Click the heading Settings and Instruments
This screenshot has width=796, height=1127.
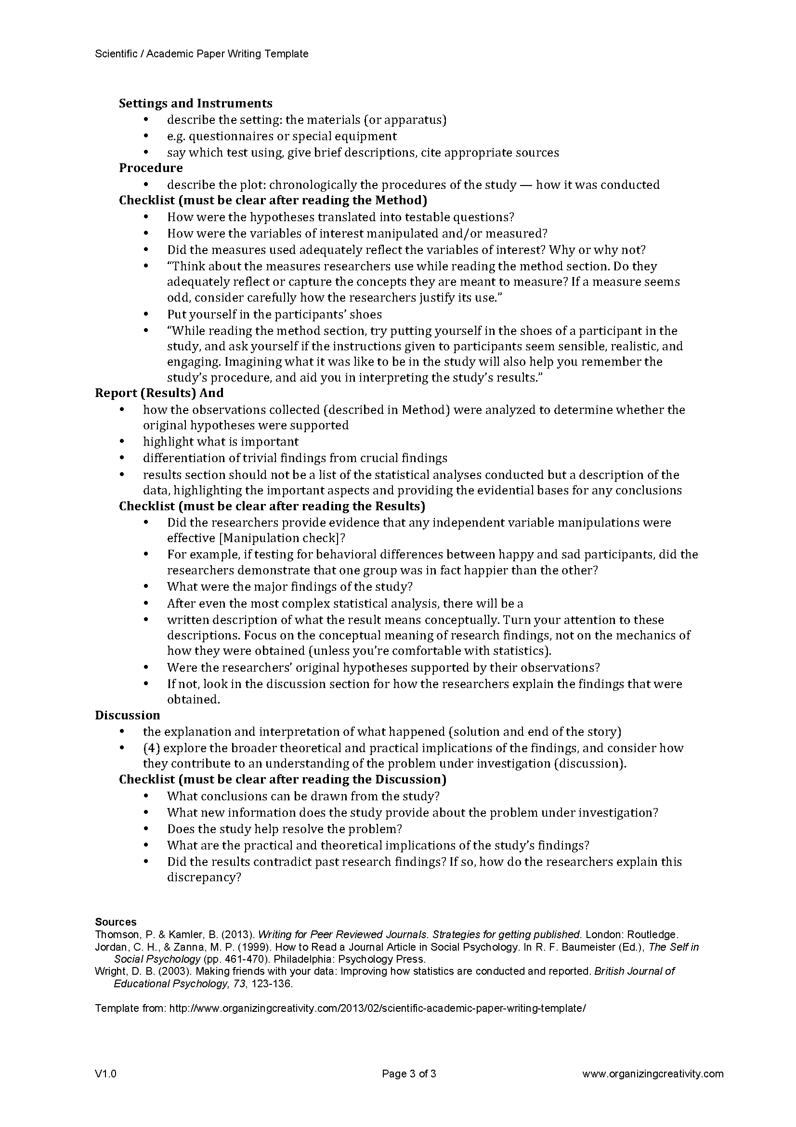pos(195,103)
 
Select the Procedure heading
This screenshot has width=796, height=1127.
pos(151,168)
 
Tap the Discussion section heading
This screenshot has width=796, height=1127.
pos(128,715)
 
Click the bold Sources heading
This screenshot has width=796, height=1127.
pos(116,922)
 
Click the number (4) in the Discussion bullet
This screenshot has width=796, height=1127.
pos(151,748)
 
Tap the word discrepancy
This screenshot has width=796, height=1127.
pos(204,876)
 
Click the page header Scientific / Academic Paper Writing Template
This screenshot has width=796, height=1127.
pos(202,54)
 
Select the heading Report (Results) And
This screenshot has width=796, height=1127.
pos(159,393)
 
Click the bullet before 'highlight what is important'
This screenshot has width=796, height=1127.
pos(122,442)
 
